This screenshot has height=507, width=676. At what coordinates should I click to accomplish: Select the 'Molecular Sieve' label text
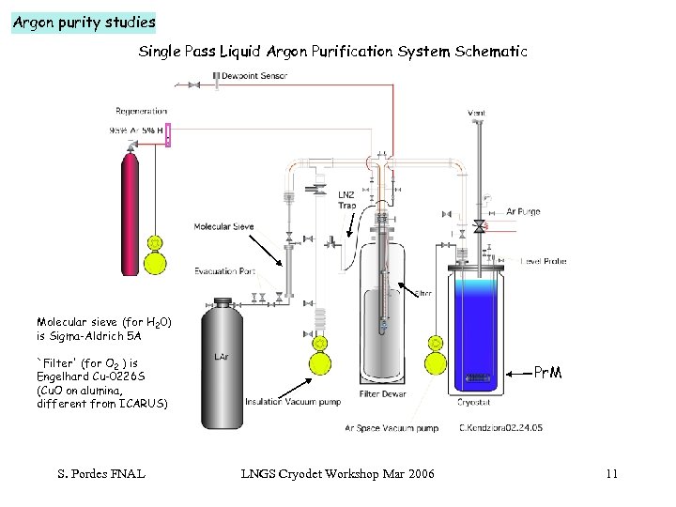pyautogui.click(x=224, y=226)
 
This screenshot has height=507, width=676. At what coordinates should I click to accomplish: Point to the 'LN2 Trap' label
pyautogui.click(x=346, y=200)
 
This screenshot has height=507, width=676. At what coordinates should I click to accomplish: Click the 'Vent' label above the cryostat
pyautogui.click(x=477, y=114)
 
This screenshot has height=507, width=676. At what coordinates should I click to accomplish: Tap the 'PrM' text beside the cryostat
pyautogui.click(x=548, y=373)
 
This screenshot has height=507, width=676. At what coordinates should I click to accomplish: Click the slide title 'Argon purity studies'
pyautogui.click(x=83, y=22)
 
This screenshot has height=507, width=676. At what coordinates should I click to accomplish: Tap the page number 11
pyautogui.click(x=611, y=473)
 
